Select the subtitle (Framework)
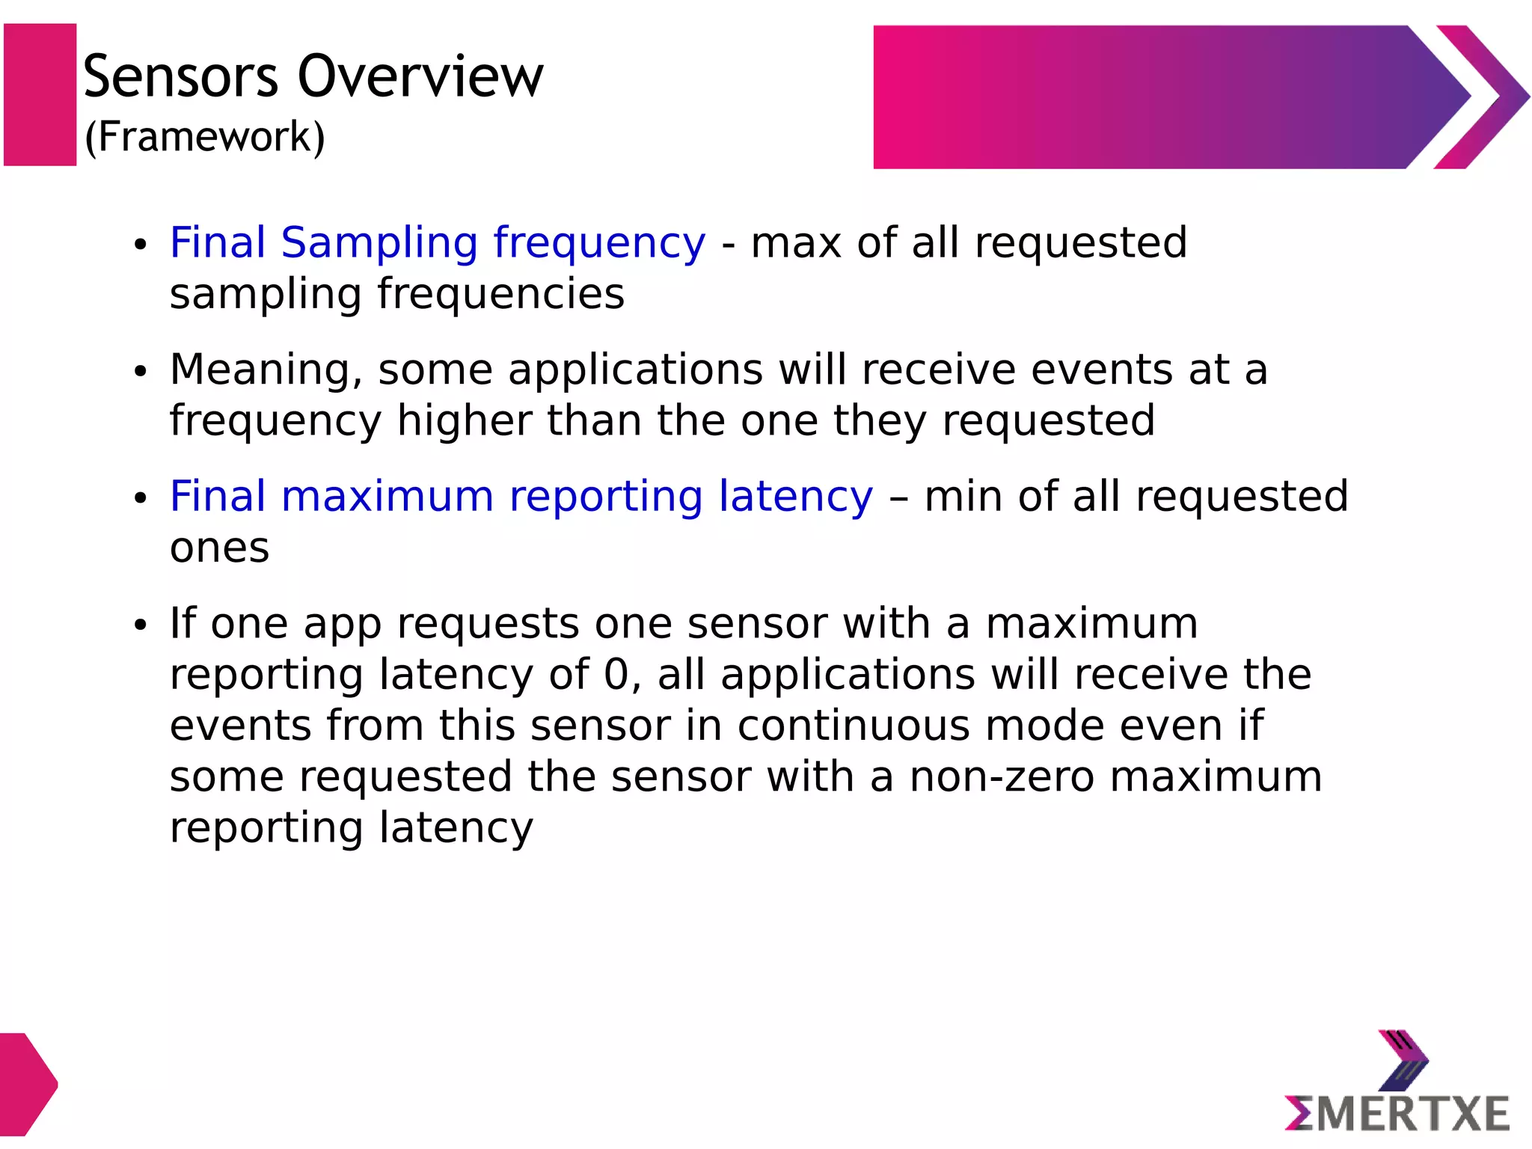click(205, 137)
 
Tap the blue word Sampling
click(379, 243)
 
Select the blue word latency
click(795, 497)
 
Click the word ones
click(219, 548)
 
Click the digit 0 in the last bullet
click(617, 675)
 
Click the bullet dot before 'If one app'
click(140, 625)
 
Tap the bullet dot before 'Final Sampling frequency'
click(140, 245)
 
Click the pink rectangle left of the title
click(40, 94)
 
